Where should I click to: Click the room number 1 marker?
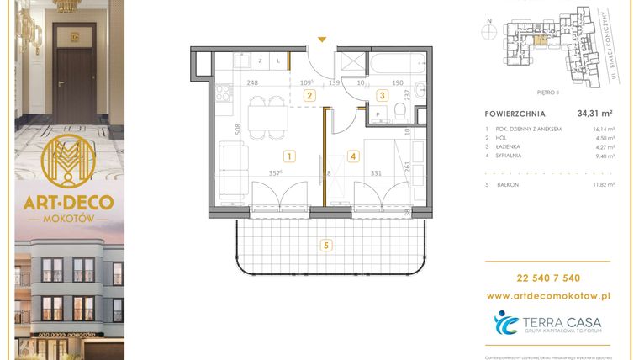[x=288, y=156]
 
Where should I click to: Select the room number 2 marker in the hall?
[x=309, y=96]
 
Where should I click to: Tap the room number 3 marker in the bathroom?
[x=381, y=96]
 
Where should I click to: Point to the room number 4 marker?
[x=353, y=156]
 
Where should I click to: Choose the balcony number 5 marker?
[x=325, y=246]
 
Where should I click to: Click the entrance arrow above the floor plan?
[x=320, y=39]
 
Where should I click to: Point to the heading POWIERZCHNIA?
[x=515, y=113]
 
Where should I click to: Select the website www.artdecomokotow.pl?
[x=549, y=296]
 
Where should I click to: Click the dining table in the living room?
[x=268, y=115]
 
